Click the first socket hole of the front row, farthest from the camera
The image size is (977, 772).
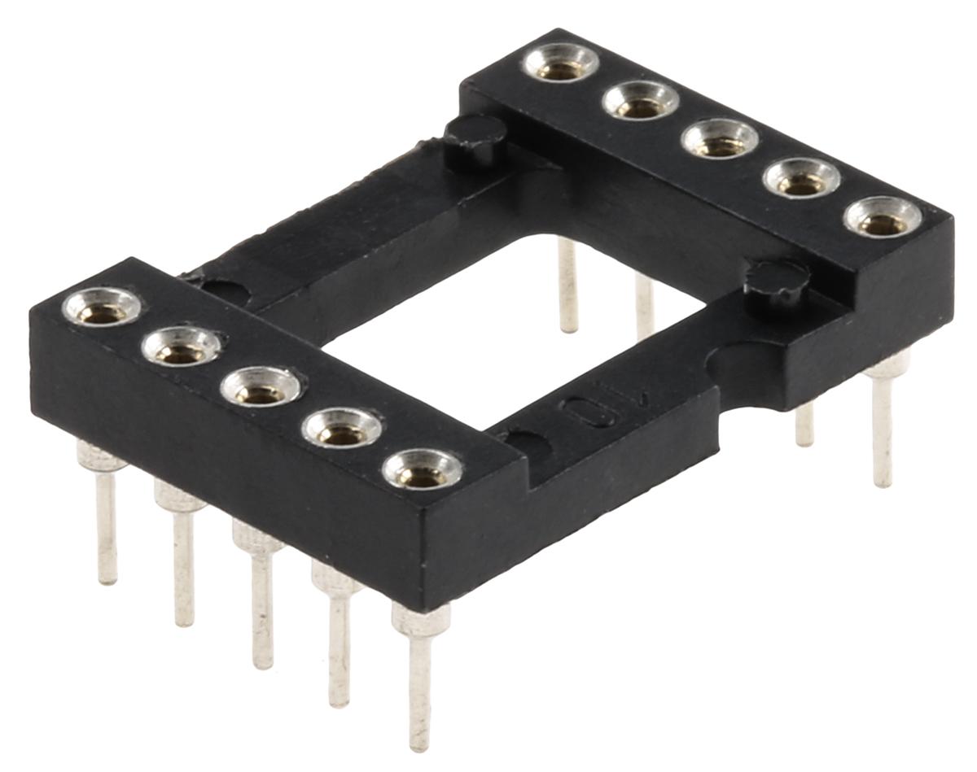(102, 308)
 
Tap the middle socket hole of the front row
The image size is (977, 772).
(261, 387)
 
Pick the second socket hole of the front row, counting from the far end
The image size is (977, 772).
(181, 348)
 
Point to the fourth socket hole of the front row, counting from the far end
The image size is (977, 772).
(341, 429)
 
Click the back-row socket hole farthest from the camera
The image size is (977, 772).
(560, 63)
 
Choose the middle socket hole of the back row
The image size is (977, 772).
(720, 139)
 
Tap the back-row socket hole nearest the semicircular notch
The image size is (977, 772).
(883, 218)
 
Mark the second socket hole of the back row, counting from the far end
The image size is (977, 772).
(640, 101)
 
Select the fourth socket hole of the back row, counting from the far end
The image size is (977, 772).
(802, 178)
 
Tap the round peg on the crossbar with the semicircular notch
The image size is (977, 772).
(777, 281)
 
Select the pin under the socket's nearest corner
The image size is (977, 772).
(419, 675)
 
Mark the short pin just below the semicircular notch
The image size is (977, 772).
(804, 424)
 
